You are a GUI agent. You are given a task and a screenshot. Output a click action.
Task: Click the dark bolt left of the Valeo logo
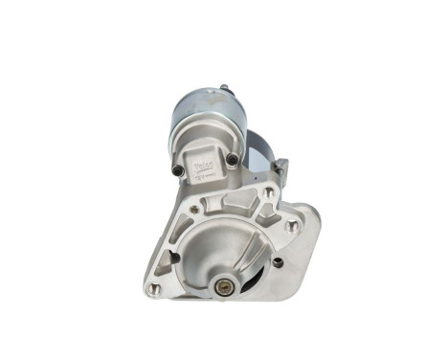[x=177, y=171]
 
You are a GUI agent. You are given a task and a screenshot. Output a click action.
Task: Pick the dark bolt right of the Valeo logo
[x=232, y=159]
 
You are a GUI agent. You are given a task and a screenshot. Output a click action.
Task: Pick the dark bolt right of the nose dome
[x=278, y=260]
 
